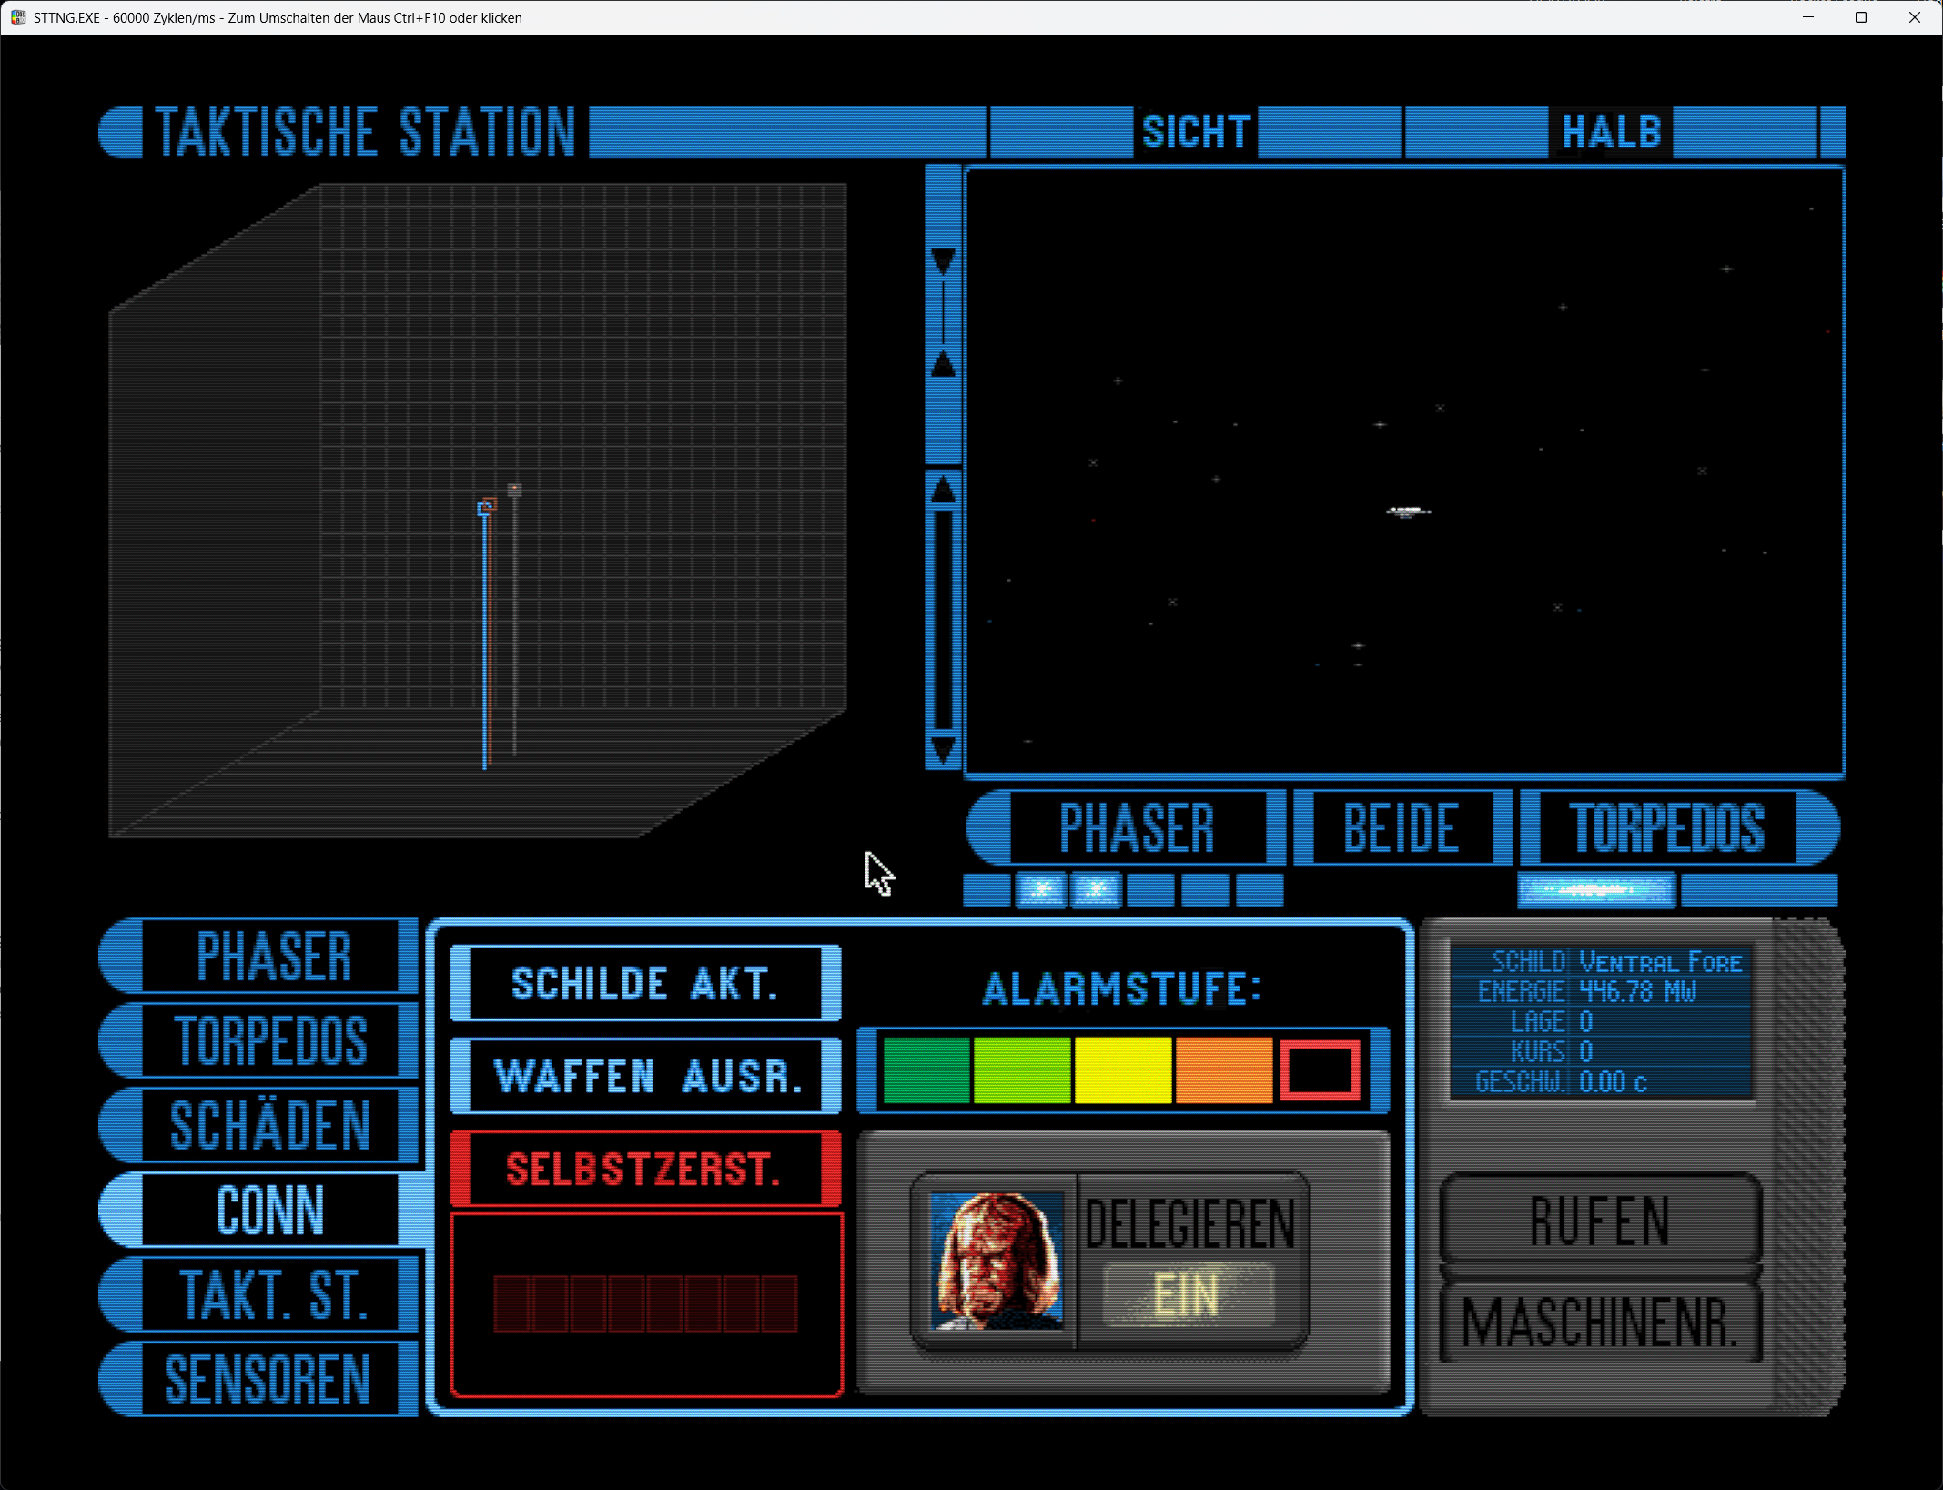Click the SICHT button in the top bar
pos(1195,132)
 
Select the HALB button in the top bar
pos(1611,132)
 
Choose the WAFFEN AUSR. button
pos(646,1076)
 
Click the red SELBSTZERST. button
pos(644,1169)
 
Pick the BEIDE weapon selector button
pos(1402,828)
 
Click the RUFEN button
pos(1601,1220)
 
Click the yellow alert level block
pos(1122,1070)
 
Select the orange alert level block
pos(1223,1070)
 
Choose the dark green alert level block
pos(926,1070)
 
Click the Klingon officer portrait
pos(997,1260)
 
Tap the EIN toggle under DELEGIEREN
pos(1187,1294)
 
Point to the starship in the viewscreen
pos(1408,512)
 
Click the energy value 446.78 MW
pos(1638,991)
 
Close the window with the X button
pos(1915,17)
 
